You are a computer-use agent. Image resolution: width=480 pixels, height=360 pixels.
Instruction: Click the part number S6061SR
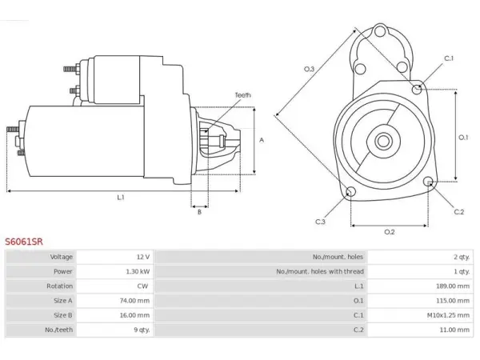(x=24, y=242)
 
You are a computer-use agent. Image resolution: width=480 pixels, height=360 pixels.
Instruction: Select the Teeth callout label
(x=242, y=95)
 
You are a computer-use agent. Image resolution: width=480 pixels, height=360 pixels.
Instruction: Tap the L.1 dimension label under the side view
(x=121, y=198)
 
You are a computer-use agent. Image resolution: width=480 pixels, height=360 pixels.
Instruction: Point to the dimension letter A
(x=262, y=140)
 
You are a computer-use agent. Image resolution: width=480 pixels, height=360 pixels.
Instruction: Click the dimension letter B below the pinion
(x=199, y=212)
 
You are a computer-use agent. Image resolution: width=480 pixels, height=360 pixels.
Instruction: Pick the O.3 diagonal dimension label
(x=309, y=69)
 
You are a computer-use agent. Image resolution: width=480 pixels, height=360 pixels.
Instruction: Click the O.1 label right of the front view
(x=463, y=138)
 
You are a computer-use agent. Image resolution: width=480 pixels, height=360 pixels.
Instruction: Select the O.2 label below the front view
(x=390, y=232)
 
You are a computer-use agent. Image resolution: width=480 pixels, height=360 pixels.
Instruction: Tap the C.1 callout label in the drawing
(x=449, y=58)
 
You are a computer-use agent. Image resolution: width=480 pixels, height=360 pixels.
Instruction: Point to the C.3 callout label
(x=320, y=222)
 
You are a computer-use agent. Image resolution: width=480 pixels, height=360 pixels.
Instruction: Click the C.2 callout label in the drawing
(x=459, y=212)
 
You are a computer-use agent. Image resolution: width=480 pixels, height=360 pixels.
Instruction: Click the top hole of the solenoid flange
(x=380, y=31)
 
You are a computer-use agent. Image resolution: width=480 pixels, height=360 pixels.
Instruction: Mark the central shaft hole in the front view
(x=382, y=141)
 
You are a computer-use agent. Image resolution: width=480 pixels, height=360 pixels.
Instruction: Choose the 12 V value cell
(x=143, y=257)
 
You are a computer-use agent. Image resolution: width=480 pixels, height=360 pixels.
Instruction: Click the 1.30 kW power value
(x=138, y=271)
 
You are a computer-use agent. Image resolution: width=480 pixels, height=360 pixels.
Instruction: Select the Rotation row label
(x=60, y=286)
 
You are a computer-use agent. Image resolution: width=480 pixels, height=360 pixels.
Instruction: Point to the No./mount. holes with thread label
(x=320, y=271)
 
